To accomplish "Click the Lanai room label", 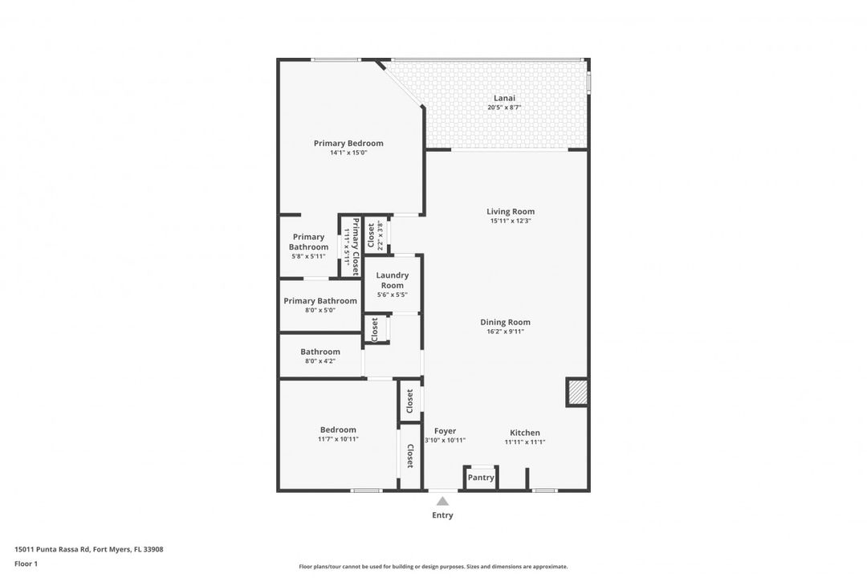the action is pos(504,98).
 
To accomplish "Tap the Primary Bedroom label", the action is pos(348,143).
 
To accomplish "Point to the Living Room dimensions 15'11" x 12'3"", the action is pos(511,221).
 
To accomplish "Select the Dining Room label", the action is pos(505,322).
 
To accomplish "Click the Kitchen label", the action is pos(525,433).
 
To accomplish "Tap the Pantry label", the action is pos(481,478).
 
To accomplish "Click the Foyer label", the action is pos(445,431).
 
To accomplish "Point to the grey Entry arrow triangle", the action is pos(442,501).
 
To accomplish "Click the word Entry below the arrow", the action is pos(442,515).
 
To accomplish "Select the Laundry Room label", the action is pos(392,280).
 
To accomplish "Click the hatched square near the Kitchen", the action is pos(576,392).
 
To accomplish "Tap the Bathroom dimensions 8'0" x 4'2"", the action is pos(320,361).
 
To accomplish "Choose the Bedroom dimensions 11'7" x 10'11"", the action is pos(338,439).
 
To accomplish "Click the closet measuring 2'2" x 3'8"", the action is pos(375,236).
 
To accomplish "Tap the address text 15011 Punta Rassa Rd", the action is pos(52,549).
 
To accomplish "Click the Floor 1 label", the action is pos(26,564).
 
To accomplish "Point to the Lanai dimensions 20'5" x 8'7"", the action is pos(504,108).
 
